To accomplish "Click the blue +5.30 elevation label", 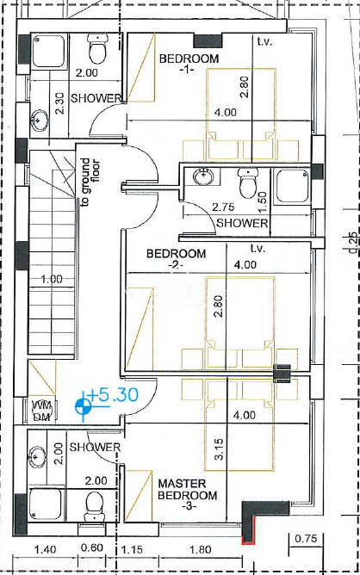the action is tap(114, 394).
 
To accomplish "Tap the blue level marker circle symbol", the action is tap(82, 406).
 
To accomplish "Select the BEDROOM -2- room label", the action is tap(176, 258).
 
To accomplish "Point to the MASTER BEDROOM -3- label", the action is tap(188, 495).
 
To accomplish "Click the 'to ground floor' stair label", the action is tap(90, 182).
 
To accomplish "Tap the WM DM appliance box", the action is tap(43, 411).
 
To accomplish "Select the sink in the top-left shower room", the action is tap(40, 120).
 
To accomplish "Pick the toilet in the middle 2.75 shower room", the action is tap(248, 182).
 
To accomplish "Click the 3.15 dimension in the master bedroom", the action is tap(218, 449).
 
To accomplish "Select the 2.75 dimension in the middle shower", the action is tap(223, 207).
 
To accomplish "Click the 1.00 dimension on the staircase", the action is tap(52, 280).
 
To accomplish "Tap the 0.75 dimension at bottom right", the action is tap(306, 539).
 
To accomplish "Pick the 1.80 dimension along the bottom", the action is tap(201, 549).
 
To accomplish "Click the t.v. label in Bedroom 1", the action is tap(264, 41).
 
